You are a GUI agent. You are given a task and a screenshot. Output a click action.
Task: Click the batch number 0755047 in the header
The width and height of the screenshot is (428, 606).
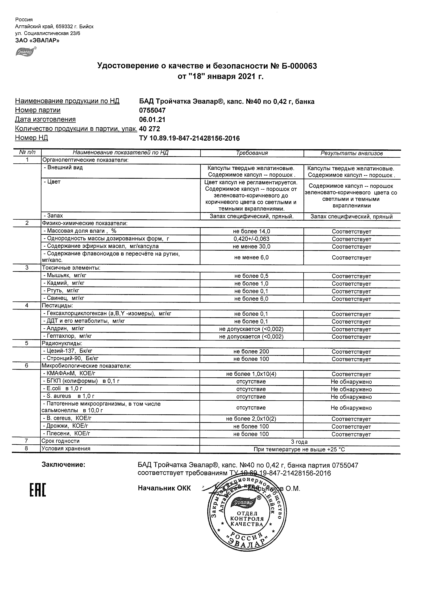152,110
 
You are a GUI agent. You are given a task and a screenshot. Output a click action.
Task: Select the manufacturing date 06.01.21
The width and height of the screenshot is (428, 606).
152,120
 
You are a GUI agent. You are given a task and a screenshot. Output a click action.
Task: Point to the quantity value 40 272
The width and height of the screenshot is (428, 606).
150,129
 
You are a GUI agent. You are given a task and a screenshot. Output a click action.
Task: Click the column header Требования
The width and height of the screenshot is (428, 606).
252,153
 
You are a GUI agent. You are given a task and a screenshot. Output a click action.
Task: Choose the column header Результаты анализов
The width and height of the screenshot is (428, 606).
352,153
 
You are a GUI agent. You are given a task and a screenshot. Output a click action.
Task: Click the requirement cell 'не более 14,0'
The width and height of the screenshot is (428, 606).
252,232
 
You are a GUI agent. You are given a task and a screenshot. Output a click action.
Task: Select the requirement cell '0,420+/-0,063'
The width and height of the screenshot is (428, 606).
252,239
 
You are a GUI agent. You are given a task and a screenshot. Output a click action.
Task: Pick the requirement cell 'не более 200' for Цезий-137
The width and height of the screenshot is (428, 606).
251,352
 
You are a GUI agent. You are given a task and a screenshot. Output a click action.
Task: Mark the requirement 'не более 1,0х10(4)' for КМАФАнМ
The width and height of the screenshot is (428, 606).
251,374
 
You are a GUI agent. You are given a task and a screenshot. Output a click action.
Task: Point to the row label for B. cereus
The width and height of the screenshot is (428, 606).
68,418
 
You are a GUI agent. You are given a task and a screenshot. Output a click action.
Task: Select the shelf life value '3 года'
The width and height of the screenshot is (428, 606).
299,442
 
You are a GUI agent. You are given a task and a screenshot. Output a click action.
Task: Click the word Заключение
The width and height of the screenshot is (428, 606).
64,465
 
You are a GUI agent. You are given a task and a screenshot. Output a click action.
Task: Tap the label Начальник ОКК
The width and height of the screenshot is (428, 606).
164,488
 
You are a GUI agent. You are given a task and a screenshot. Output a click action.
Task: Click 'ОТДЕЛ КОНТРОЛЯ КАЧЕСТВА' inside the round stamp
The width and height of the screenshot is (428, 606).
247,519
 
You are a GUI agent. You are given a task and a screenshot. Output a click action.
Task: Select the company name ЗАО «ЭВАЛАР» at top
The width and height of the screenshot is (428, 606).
37,40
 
